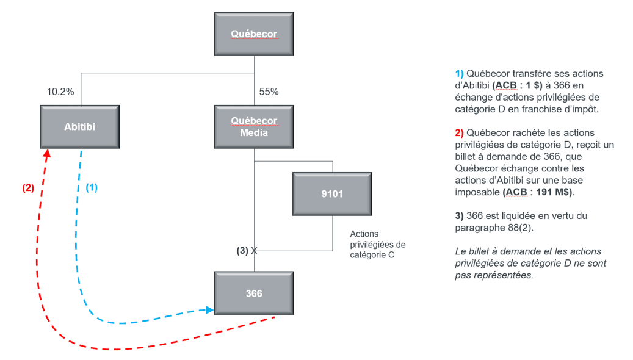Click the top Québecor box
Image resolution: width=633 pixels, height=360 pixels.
click(x=254, y=34)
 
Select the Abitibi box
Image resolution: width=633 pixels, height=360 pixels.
click(x=79, y=127)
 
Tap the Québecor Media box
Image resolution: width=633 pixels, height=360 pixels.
click(x=254, y=127)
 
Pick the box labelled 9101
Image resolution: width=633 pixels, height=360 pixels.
click(x=332, y=194)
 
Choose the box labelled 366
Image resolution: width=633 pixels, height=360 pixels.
click(x=254, y=293)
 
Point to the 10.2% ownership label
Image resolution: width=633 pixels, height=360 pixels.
click(x=60, y=92)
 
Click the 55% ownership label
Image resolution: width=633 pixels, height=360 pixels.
click(x=269, y=92)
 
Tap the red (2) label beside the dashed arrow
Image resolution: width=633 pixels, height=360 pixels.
click(x=28, y=188)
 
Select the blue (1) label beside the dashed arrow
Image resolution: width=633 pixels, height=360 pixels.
click(x=92, y=188)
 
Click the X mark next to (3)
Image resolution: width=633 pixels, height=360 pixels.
click(x=254, y=251)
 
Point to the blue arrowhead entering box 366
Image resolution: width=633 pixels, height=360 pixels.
click(x=209, y=310)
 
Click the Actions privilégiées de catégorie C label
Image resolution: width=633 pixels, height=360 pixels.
click(x=378, y=245)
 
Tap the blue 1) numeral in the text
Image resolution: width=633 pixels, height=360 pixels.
click(x=460, y=73)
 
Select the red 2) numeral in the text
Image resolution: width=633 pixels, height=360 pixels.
click(x=460, y=133)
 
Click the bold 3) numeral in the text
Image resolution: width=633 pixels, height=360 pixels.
click(x=460, y=216)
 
